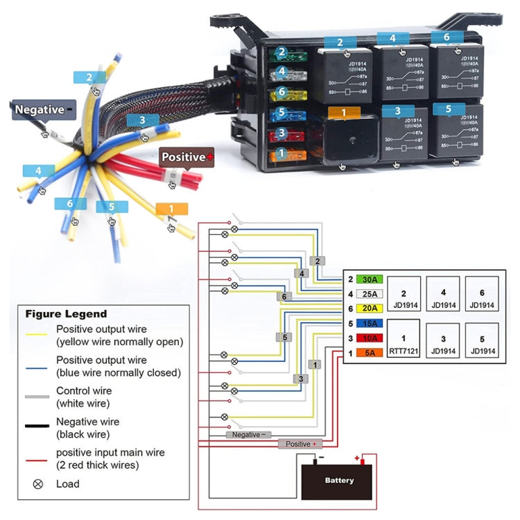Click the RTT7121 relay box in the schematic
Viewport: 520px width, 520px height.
pyautogui.click(x=404, y=339)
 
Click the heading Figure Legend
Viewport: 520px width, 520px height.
pyautogui.click(x=67, y=313)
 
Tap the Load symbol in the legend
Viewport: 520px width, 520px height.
pyautogui.click(x=38, y=484)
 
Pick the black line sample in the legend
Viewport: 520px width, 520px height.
pyautogui.click(x=37, y=425)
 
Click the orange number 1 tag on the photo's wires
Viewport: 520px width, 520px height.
pyautogui.click(x=172, y=209)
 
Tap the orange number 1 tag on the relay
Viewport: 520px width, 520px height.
pyautogui.click(x=344, y=113)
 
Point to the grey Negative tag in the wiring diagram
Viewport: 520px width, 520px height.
pyautogui.click(x=248, y=434)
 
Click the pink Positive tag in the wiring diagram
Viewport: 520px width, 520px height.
pyautogui.click(x=300, y=444)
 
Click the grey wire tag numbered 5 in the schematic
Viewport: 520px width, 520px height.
pyautogui.click(x=284, y=338)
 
